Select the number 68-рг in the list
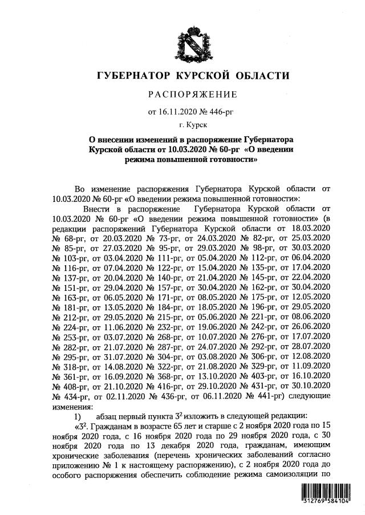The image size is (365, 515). [x=71, y=237]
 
